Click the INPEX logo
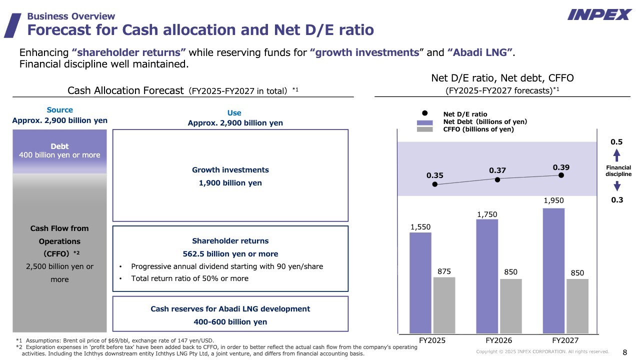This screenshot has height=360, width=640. tap(599, 14)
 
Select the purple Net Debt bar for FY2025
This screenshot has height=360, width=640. tap(420, 283)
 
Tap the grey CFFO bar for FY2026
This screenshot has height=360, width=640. tap(511, 306)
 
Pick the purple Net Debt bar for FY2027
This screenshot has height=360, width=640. tap(553, 271)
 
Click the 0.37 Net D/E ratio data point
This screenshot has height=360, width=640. tap(497, 179)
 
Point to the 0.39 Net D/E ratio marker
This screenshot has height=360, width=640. tap(561, 175)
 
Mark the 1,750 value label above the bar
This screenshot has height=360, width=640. tap(487, 214)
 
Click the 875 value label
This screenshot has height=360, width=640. tap(444, 271)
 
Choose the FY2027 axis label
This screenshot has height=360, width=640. tap(565, 340)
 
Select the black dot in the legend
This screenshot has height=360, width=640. tap(425, 113)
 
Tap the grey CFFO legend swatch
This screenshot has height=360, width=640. tap(425, 129)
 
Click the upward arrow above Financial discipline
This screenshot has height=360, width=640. tap(617, 155)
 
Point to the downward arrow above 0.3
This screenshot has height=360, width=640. tap(617, 186)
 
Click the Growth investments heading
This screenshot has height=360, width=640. tap(230, 169)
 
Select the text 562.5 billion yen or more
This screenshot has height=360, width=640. tap(230, 253)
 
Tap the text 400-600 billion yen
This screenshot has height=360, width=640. tap(230, 321)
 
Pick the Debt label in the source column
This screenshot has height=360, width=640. tap(59, 146)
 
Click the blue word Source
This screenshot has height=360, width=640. tap(59, 109)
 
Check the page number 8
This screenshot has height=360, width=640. tap(625, 352)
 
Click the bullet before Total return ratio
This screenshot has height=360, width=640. tap(120, 278)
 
